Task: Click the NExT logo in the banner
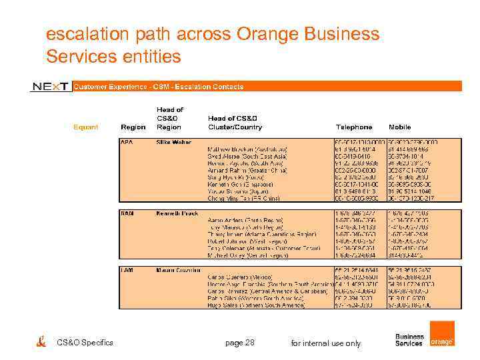pos(51,87)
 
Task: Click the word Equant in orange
pos(85,127)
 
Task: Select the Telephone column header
pos(353,127)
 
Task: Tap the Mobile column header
pos(400,127)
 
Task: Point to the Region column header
pos(133,127)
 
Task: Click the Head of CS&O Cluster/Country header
pos(235,123)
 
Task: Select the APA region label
pos(126,143)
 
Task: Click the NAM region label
pos(127,213)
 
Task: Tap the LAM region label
pos(127,269)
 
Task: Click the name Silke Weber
pos(173,143)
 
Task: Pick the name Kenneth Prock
pos(177,213)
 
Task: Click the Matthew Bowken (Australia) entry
pos(247,149)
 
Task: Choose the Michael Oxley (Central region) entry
pos(247,255)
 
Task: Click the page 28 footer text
pos(239,343)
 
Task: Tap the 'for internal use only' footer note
pos(326,343)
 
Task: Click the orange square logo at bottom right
pos(442,334)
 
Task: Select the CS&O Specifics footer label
pos(85,343)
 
